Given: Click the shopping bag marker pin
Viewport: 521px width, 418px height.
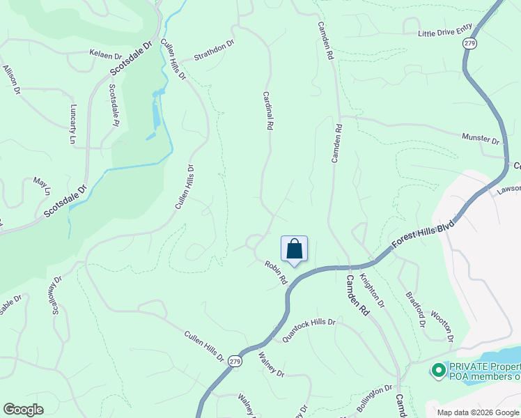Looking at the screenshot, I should click(x=294, y=249).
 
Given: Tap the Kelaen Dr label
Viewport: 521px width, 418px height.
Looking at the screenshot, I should click(x=105, y=54).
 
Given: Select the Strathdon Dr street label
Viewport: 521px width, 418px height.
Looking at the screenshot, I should click(x=215, y=47).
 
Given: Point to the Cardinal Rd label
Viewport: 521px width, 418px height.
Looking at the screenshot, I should click(x=267, y=110).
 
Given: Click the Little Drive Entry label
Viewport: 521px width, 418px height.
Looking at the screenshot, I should click(x=445, y=31).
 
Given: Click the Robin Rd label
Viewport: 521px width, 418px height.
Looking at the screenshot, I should click(x=276, y=271).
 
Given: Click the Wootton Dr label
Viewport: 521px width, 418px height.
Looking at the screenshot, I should click(x=442, y=326).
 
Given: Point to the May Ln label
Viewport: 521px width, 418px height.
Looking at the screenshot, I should click(x=42, y=185).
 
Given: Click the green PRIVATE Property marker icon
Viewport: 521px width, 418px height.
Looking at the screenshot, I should click(x=439, y=370).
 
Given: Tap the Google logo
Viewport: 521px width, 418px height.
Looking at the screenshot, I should click(x=24, y=410).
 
